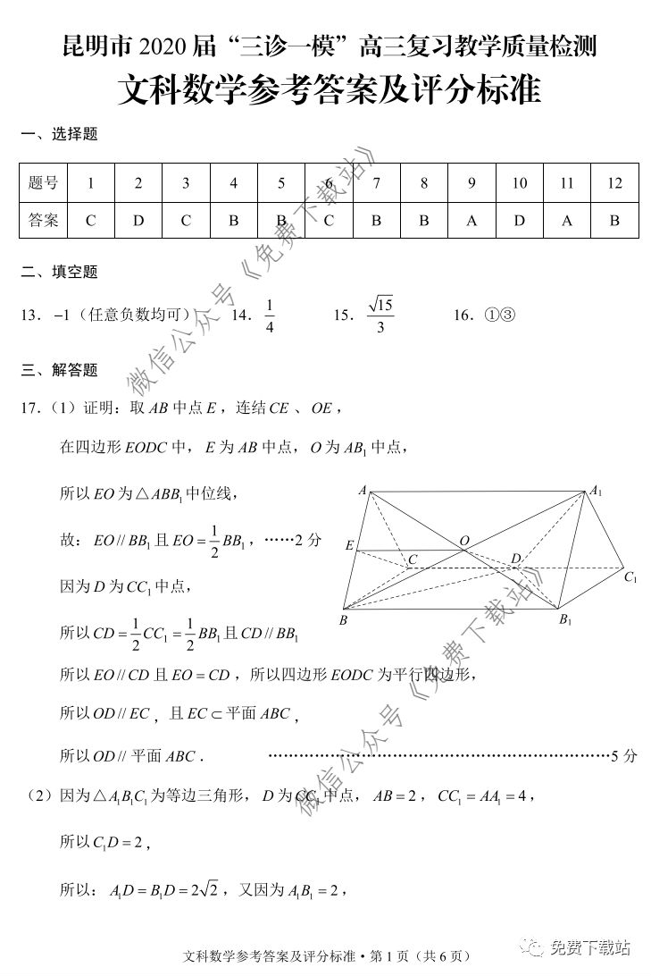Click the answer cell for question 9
click(x=472, y=221)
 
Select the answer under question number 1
click(x=90, y=221)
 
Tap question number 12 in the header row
click(x=613, y=183)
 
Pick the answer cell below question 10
click(x=519, y=221)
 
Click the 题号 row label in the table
click(x=43, y=183)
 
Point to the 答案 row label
click(x=43, y=221)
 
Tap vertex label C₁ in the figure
click(x=630, y=578)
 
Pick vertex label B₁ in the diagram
click(x=564, y=620)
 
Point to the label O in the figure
click(x=463, y=541)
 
